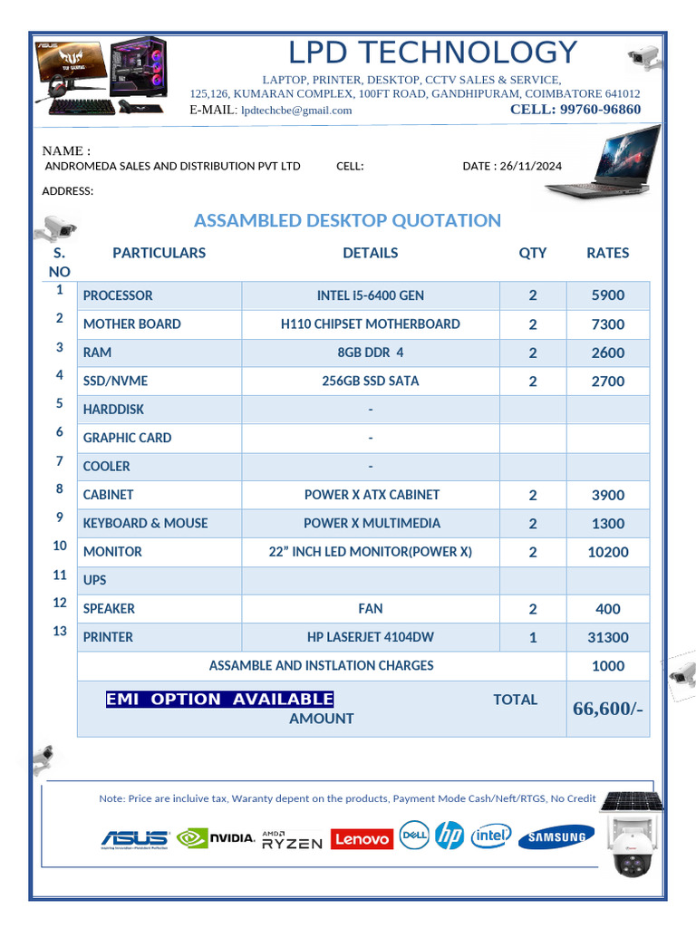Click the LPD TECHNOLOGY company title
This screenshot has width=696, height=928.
[432, 52]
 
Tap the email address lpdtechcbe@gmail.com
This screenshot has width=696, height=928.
[296, 111]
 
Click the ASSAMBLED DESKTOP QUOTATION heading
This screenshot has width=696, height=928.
[347, 220]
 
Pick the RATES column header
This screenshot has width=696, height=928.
[607, 253]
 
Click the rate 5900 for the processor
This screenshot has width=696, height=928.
[607, 295]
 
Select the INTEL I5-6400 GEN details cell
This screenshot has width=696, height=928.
[370, 295]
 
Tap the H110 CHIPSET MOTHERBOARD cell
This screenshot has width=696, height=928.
[370, 324]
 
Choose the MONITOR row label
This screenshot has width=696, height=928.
[112, 552]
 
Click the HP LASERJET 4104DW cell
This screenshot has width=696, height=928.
[370, 637]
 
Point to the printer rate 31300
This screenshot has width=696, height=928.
[607, 637]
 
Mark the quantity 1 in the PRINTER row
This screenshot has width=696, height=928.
[533, 637]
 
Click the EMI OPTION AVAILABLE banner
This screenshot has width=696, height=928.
[219, 699]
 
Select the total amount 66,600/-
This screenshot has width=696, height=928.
[607, 708]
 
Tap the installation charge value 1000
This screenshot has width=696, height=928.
[607, 666]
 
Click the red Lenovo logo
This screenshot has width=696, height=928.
[362, 839]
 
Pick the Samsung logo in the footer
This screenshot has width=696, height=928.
[556, 838]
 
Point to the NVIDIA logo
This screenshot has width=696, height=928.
[216, 838]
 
